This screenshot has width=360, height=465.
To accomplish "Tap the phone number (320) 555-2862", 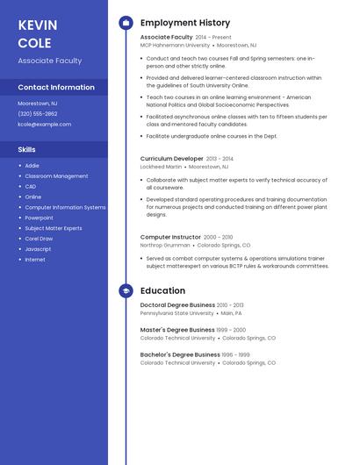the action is click(38, 113).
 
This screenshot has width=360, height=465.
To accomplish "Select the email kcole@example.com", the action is click(44, 124).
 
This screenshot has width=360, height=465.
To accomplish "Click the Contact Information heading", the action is click(56, 87).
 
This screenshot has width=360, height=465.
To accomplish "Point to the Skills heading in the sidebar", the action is click(27, 149).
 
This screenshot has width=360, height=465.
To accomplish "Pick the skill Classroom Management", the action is click(56, 175).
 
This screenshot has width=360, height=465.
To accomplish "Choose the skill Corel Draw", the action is click(39, 239).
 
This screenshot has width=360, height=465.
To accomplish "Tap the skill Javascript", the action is click(38, 249).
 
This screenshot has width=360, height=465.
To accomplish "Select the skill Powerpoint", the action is click(39, 218).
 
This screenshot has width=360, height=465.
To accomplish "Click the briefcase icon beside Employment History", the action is click(126, 22).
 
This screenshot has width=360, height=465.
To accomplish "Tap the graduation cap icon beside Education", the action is click(126, 290).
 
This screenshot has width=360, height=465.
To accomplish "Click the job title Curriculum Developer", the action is click(171, 159).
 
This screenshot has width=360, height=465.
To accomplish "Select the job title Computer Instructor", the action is click(170, 237).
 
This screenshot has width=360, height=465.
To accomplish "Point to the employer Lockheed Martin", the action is click(161, 166).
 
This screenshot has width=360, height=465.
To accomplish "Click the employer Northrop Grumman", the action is click(164, 245).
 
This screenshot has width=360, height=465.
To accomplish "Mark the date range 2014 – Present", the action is click(213, 38).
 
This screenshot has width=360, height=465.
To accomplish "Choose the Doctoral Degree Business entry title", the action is click(177, 305).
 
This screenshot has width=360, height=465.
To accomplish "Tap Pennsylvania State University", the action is click(176, 313).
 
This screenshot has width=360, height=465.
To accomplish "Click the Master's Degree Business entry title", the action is click(177, 330).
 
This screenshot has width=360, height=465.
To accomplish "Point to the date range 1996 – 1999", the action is click(235, 354).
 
